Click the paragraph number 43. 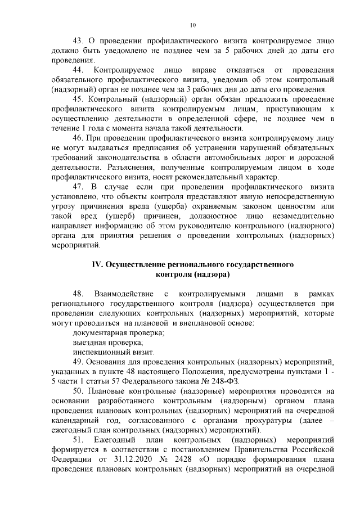[x=79, y=41]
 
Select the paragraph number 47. [x=79, y=186]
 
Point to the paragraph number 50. [x=79, y=390]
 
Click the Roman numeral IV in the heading [x=97, y=264]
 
